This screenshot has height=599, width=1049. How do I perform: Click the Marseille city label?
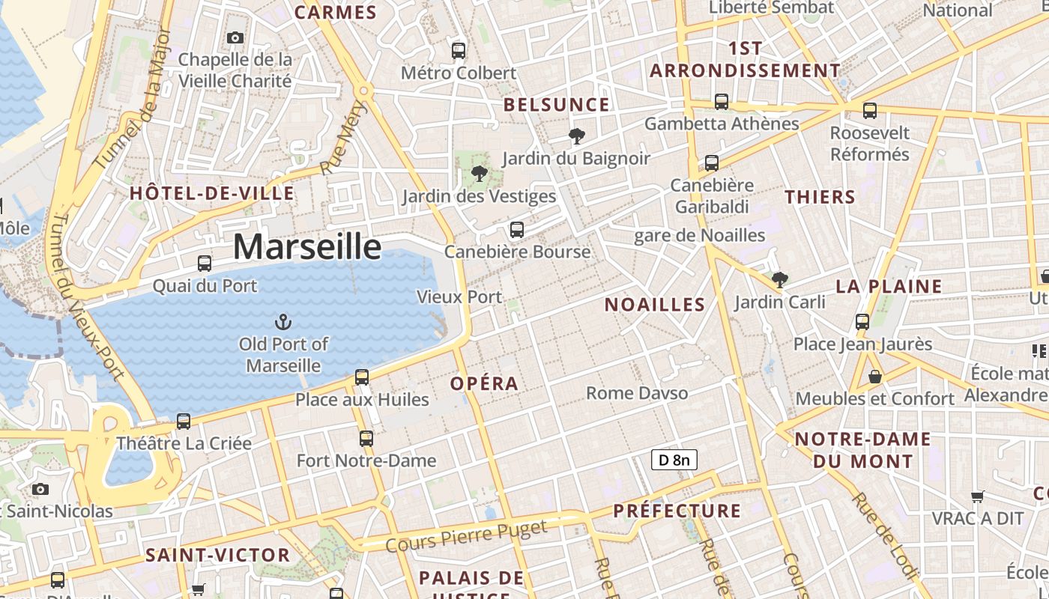(307, 246)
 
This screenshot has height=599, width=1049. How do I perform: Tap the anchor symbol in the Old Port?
(283, 323)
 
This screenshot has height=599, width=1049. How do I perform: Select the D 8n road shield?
(674, 460)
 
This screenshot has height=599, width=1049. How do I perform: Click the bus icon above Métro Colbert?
(459, 51)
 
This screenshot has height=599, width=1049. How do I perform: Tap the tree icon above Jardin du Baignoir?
(576, 136)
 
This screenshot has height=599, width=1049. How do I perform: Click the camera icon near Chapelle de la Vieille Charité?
(235, 37)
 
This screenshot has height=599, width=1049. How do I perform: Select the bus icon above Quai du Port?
(205, 264)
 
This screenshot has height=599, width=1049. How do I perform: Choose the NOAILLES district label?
(655, 305)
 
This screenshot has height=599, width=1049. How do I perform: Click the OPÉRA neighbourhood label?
(484, 384)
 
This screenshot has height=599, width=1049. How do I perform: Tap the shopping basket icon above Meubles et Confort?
(874, 377)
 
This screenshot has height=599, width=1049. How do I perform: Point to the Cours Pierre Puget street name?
(467, 536)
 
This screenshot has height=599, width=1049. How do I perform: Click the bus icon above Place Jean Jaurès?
(862, 322)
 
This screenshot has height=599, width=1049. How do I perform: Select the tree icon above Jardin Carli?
(780, 280)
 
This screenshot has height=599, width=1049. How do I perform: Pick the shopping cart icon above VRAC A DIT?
(977, 496)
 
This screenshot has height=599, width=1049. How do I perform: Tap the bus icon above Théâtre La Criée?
(184, 422)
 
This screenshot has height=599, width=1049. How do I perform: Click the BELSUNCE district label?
(557, 105)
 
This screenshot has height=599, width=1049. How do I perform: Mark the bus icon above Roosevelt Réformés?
(870, 111)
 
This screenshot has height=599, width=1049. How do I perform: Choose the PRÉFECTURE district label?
(677, 511)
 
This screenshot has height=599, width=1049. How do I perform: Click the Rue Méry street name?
(340, 146)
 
